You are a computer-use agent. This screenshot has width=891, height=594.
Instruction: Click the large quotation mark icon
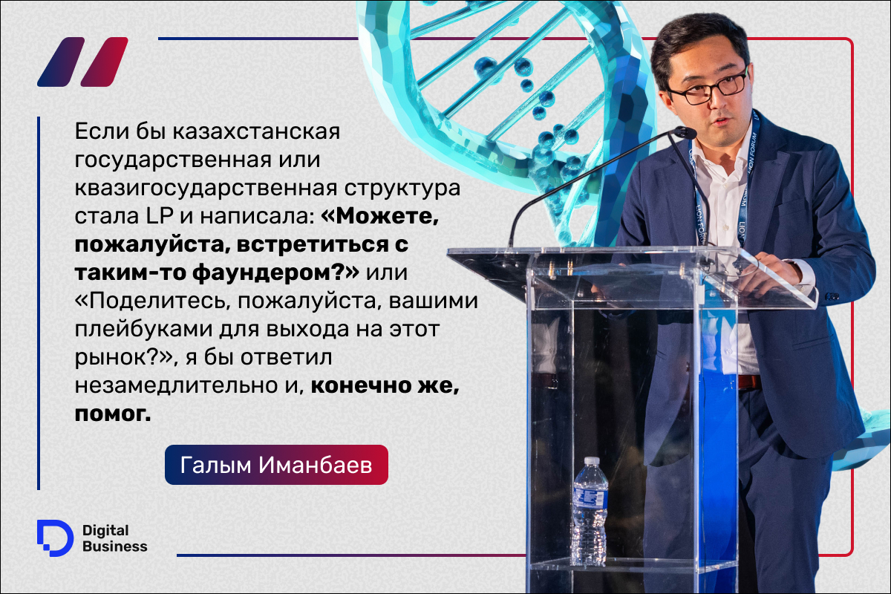pos(82,62)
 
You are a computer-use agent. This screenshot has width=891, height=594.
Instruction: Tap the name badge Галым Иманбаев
pos(276,465)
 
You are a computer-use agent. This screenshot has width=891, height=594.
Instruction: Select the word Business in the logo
pos(115,546)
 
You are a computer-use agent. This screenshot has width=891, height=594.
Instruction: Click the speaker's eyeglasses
pos(706,90)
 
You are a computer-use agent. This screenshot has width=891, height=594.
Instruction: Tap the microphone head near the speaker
pos(683,134)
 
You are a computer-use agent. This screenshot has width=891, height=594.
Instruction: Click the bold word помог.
pos(113,414)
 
